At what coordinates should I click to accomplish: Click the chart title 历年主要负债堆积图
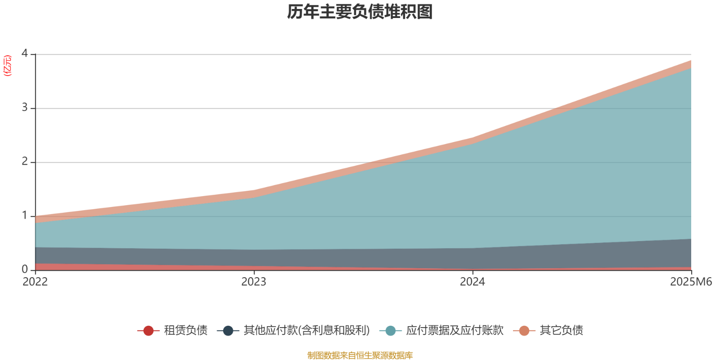tap(360, 12)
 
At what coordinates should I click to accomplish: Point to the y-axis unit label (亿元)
tap(8, 66)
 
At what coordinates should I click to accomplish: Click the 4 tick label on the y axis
tap(25, 54)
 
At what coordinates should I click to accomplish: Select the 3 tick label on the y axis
tap(25, 108)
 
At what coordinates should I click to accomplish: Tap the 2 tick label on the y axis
tap(25, 162)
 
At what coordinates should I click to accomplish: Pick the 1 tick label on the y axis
tap(25, 216)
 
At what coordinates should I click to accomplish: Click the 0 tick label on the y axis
tap(25, 270)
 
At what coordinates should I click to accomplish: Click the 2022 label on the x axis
tap(35, 282)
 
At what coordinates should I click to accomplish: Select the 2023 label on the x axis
tap(254, 282)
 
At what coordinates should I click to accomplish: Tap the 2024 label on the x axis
tap(472, 282)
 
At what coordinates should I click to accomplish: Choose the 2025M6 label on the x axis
tap(691, 282)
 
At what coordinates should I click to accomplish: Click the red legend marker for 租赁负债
tap(148, 331)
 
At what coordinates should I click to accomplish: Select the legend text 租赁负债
tap(185, 331)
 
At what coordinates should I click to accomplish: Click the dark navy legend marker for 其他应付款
tap(228, 331)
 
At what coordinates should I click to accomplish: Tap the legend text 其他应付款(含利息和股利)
tap(306, 331)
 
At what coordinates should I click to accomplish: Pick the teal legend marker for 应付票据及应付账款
tap(390, 331)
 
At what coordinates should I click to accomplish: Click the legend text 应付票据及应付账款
tap(454, 331)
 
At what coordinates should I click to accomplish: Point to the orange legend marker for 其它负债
tap(524, 331)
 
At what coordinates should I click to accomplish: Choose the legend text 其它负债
tap(561, 331)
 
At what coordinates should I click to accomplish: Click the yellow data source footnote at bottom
tap(360, 355)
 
